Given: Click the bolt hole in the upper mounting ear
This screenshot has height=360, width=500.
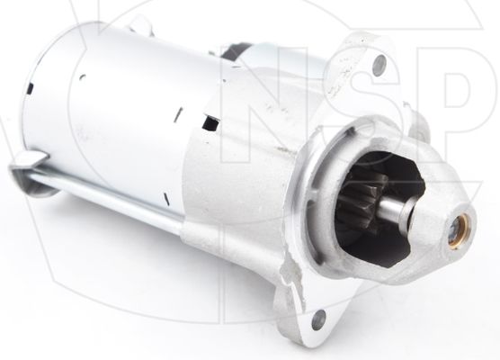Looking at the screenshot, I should click(379, 63).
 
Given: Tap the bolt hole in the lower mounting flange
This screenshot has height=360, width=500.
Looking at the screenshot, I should click(316, 319).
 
